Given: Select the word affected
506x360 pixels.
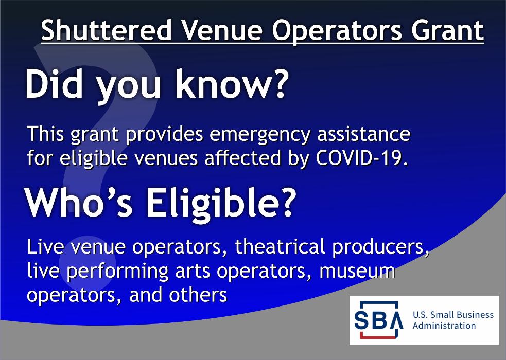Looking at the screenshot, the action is coord(242,158).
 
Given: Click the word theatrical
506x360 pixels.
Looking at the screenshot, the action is coord(280,247).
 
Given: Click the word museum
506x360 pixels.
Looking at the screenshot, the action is coord(357,272).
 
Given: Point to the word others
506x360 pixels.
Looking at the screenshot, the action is coord(198,295).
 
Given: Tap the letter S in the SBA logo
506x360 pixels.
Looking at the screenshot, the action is coord(362,320).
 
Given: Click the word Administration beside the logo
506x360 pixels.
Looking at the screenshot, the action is coord(444,326).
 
